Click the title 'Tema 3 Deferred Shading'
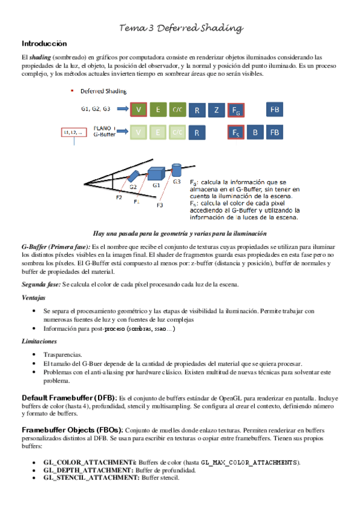click(x=181, y=28)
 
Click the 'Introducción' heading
click(x=44, y=44)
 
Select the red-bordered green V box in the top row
click(x=139, y=110)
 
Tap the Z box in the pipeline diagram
click(x=216, y=110)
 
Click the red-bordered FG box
click(x=236, y=110)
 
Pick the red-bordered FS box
click(x=236, y=132)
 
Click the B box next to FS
click(x=255, y=132)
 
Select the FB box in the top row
click(x=275, y=110)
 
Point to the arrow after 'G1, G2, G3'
click(x=122, y=109)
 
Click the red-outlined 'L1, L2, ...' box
click(x=73, y=132)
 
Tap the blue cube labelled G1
click(x=155, y=173)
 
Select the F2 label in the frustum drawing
click(x=119, y=197)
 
